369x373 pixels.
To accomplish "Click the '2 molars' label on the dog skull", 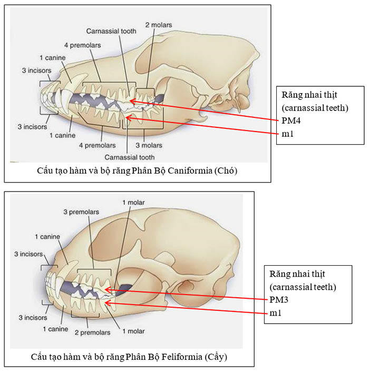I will (157, 24).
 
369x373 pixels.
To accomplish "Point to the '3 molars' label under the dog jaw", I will (149, 145).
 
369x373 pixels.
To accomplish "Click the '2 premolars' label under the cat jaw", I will (93, 332).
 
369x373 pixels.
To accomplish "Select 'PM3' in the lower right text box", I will (278, 300).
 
